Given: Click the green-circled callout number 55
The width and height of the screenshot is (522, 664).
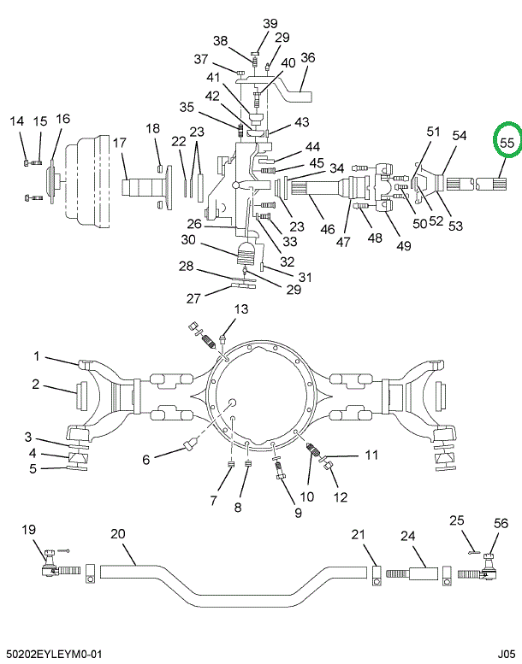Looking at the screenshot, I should [x=507, y=143].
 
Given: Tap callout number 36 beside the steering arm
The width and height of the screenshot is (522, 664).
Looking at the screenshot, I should [x=308, y=58].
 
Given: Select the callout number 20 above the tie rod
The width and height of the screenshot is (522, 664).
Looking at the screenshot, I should [x=117, y=534].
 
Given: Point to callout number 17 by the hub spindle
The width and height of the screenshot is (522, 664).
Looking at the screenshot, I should [x=118, y=143].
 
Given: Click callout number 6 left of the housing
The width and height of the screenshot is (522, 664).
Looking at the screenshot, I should [x=146, y=459].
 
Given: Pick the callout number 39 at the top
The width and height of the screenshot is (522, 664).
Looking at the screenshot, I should [x=270, y=23].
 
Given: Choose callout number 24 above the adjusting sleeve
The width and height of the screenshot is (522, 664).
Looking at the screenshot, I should [x=407, y=536].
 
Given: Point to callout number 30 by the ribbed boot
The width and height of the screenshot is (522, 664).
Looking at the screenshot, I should [x=188, y=240].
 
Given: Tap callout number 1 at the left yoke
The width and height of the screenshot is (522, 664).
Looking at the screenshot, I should [x=37, y=356].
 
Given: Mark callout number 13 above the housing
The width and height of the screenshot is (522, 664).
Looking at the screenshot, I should [x=240, y=308].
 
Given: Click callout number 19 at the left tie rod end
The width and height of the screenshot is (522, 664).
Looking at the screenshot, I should [x=29, y=529].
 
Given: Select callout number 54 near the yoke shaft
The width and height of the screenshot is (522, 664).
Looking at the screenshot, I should [x=460, y=136].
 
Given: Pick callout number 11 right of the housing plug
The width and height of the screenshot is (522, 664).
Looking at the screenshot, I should [x=371, y=455].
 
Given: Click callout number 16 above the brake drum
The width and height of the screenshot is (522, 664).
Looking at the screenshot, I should [x=62, y=119].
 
